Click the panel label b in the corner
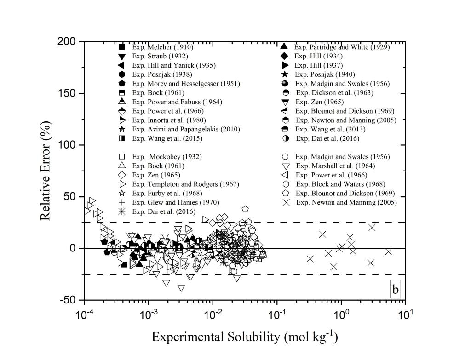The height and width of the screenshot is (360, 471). point(395,290)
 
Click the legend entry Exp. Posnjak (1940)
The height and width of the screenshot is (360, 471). point(325,74)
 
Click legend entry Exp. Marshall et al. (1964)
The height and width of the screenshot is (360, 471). point(335,166)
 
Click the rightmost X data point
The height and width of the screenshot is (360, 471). point(389,251)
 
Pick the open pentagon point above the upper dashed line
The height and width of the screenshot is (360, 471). point(245,209)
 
